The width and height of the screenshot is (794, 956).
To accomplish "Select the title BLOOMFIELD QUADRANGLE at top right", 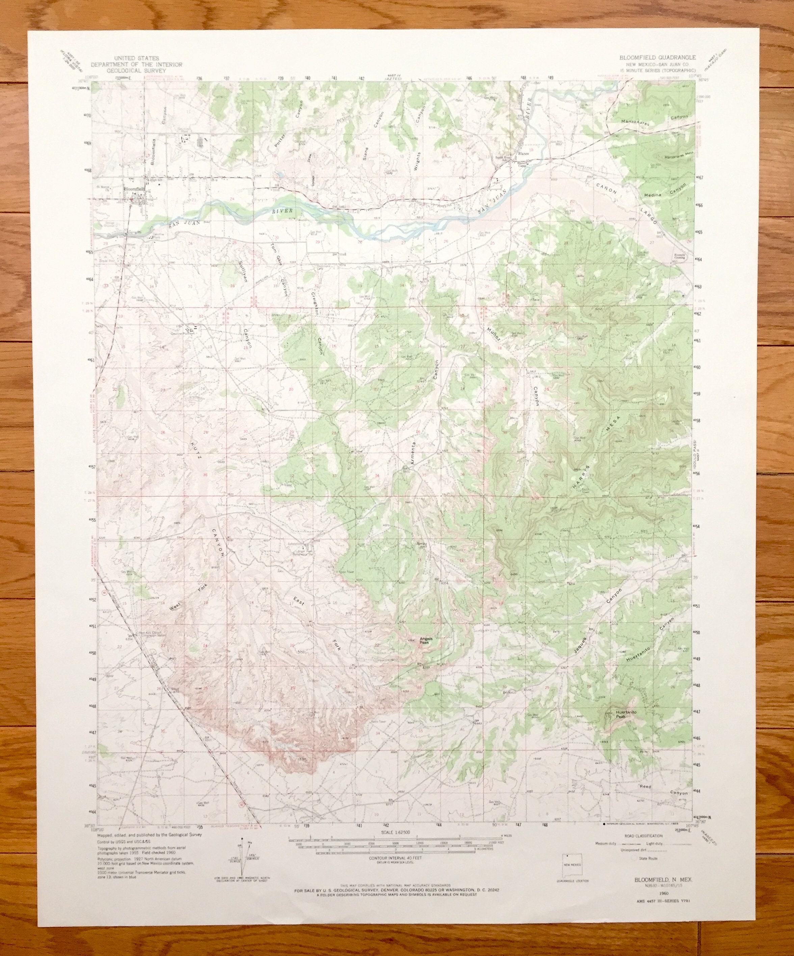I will tap(657, 58).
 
